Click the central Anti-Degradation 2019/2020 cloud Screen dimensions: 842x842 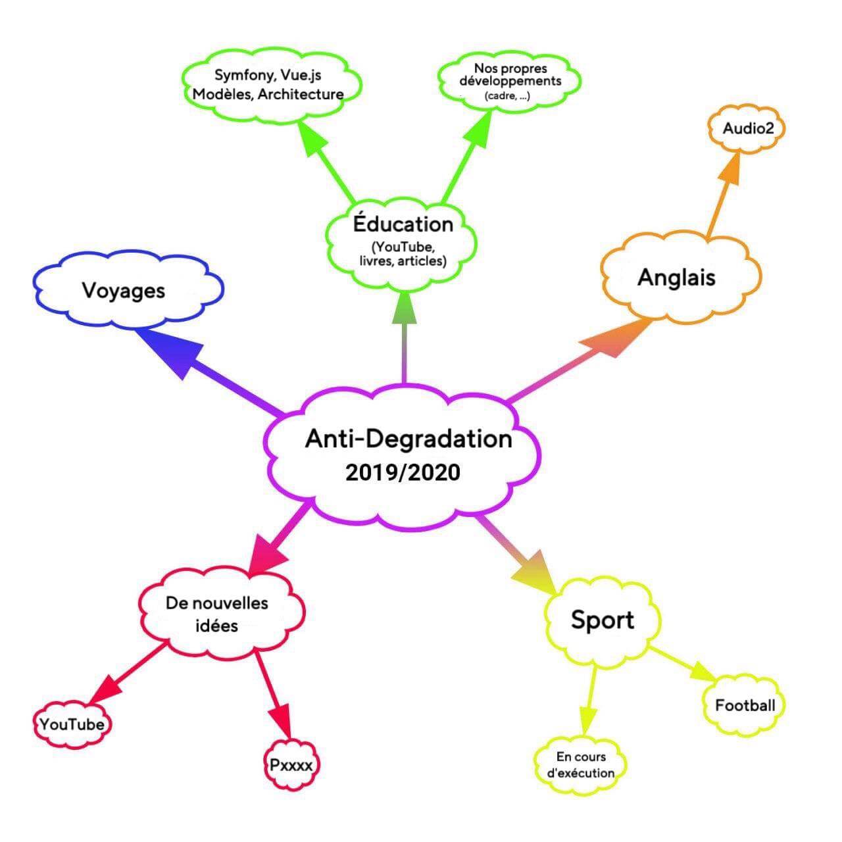403,454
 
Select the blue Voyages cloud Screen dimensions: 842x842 125,290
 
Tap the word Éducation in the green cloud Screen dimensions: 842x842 403,224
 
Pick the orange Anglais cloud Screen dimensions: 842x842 678,278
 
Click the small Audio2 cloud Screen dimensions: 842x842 747,128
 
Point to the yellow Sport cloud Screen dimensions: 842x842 602,620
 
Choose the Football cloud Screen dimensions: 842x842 745,706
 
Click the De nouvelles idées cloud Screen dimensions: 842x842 218,613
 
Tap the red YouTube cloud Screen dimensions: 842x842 72,724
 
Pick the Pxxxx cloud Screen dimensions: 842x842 291,765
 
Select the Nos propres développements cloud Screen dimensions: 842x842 510,81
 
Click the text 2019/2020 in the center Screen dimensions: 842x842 403,472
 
